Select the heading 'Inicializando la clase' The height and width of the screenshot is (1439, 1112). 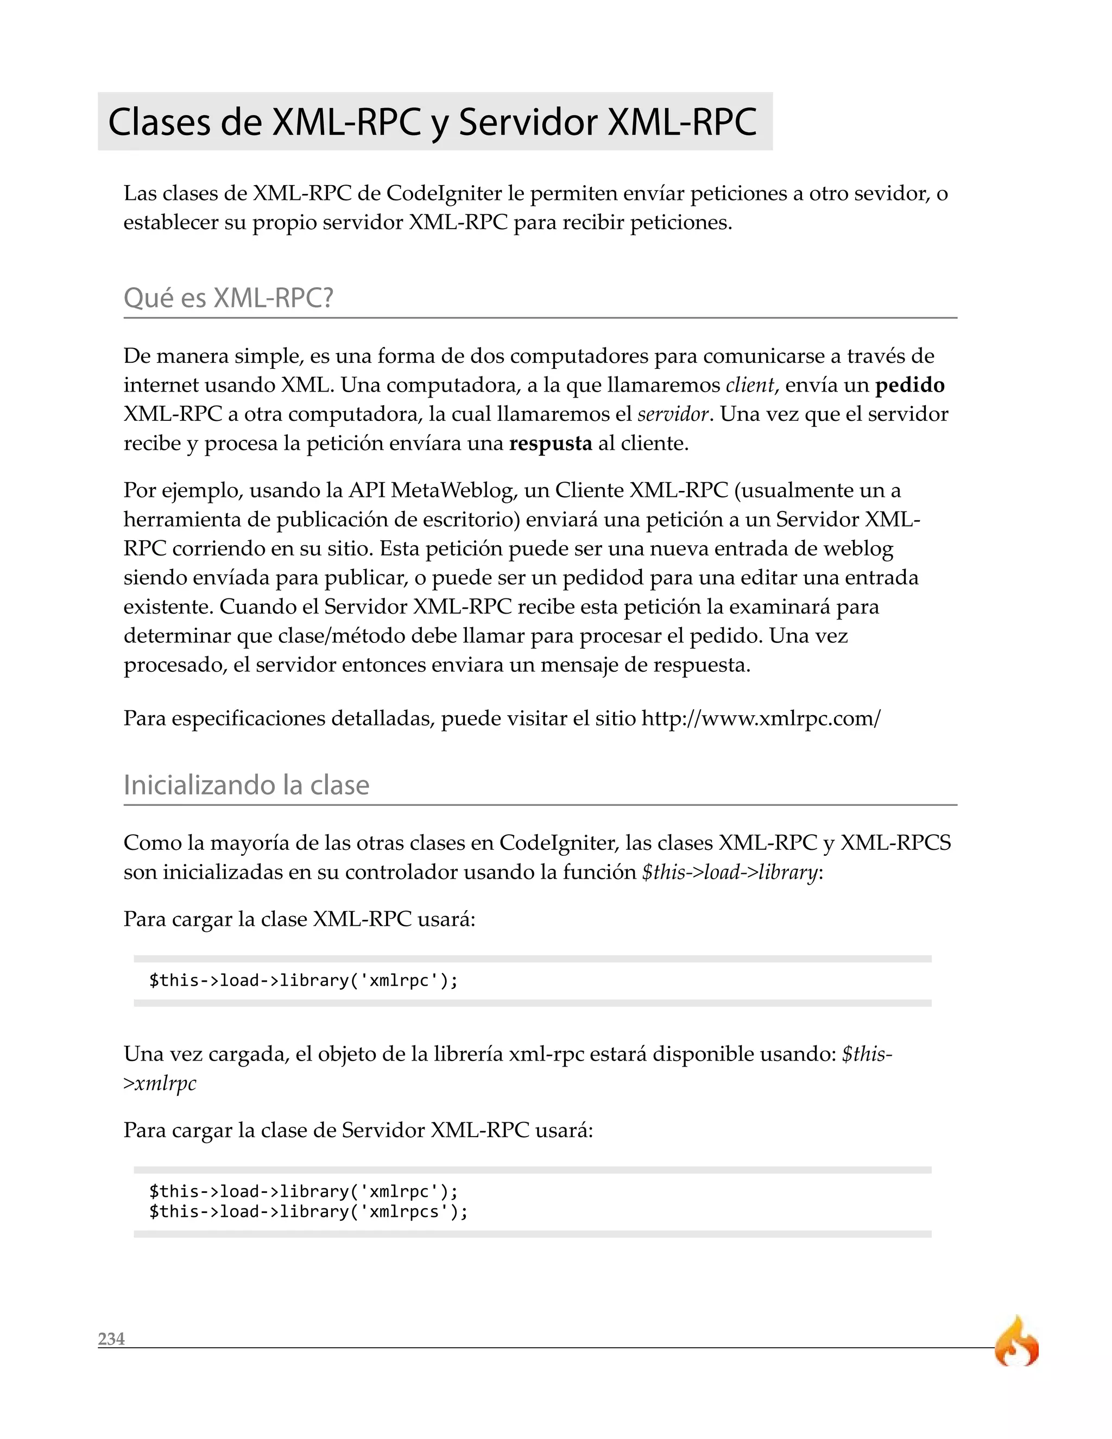pyautogui.click(x=247, y=785)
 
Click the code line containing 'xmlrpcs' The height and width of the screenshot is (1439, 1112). pyautogui.click(x=308, y=1211)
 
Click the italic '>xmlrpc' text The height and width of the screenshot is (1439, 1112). pyautogui.click(x=160, y=1083)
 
